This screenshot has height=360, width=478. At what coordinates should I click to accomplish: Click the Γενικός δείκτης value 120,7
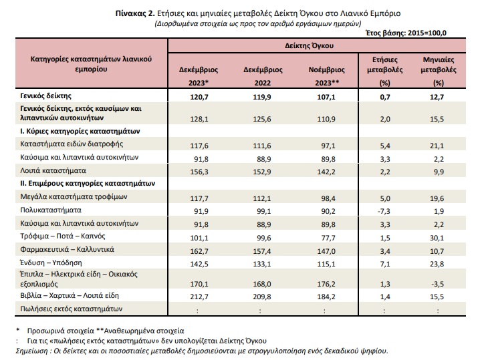click(199, 97)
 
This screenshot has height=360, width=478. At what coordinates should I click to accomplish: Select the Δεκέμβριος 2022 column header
click(263, 76)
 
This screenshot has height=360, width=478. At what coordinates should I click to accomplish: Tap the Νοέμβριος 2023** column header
click(326, 76)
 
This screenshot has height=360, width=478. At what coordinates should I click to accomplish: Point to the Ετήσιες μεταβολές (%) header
click(384, 71)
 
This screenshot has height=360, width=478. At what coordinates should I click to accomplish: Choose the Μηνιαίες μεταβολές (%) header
click(439, 71)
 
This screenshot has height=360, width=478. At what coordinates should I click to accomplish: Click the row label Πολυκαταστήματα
click(51, 210)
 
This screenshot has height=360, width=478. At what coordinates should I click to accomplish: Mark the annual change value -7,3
click(384, 211)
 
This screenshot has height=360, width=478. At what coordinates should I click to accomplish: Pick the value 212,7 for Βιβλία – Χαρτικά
click(199, 297)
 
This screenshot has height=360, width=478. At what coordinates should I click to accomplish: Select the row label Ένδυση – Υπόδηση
click(51, 262)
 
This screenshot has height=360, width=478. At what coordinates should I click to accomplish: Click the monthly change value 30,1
click(437, 238)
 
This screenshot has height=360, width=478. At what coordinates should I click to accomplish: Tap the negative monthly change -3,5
click(437, 284)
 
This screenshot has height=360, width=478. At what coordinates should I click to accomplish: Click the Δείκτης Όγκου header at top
click(309, 45)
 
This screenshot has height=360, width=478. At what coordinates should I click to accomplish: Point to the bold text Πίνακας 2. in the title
click(135, 13)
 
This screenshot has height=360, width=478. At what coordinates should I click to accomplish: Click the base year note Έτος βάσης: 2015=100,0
click(406, 33)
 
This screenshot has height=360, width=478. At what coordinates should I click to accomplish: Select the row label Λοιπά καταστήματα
click(53, 170)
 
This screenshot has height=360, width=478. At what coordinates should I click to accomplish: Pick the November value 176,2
click(326, 284)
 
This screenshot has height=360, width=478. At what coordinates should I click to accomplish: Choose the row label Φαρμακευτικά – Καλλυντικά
click(67, 249)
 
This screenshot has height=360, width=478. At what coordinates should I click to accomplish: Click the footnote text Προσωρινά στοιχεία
click(59, 331)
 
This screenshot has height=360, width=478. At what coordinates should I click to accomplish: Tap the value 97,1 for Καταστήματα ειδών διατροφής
click(328, 146)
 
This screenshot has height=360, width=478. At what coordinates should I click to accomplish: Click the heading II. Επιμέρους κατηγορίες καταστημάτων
click(88, 184)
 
